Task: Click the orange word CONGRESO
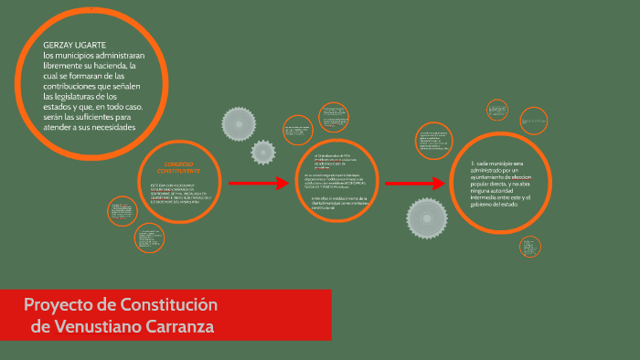coord(176,164)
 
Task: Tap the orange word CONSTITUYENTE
coord(176,171)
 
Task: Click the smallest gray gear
coord(263,152)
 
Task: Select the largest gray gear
coord(426,217)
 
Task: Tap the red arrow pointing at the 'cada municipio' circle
coord(414,184)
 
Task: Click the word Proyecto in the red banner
coord(60,304)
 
